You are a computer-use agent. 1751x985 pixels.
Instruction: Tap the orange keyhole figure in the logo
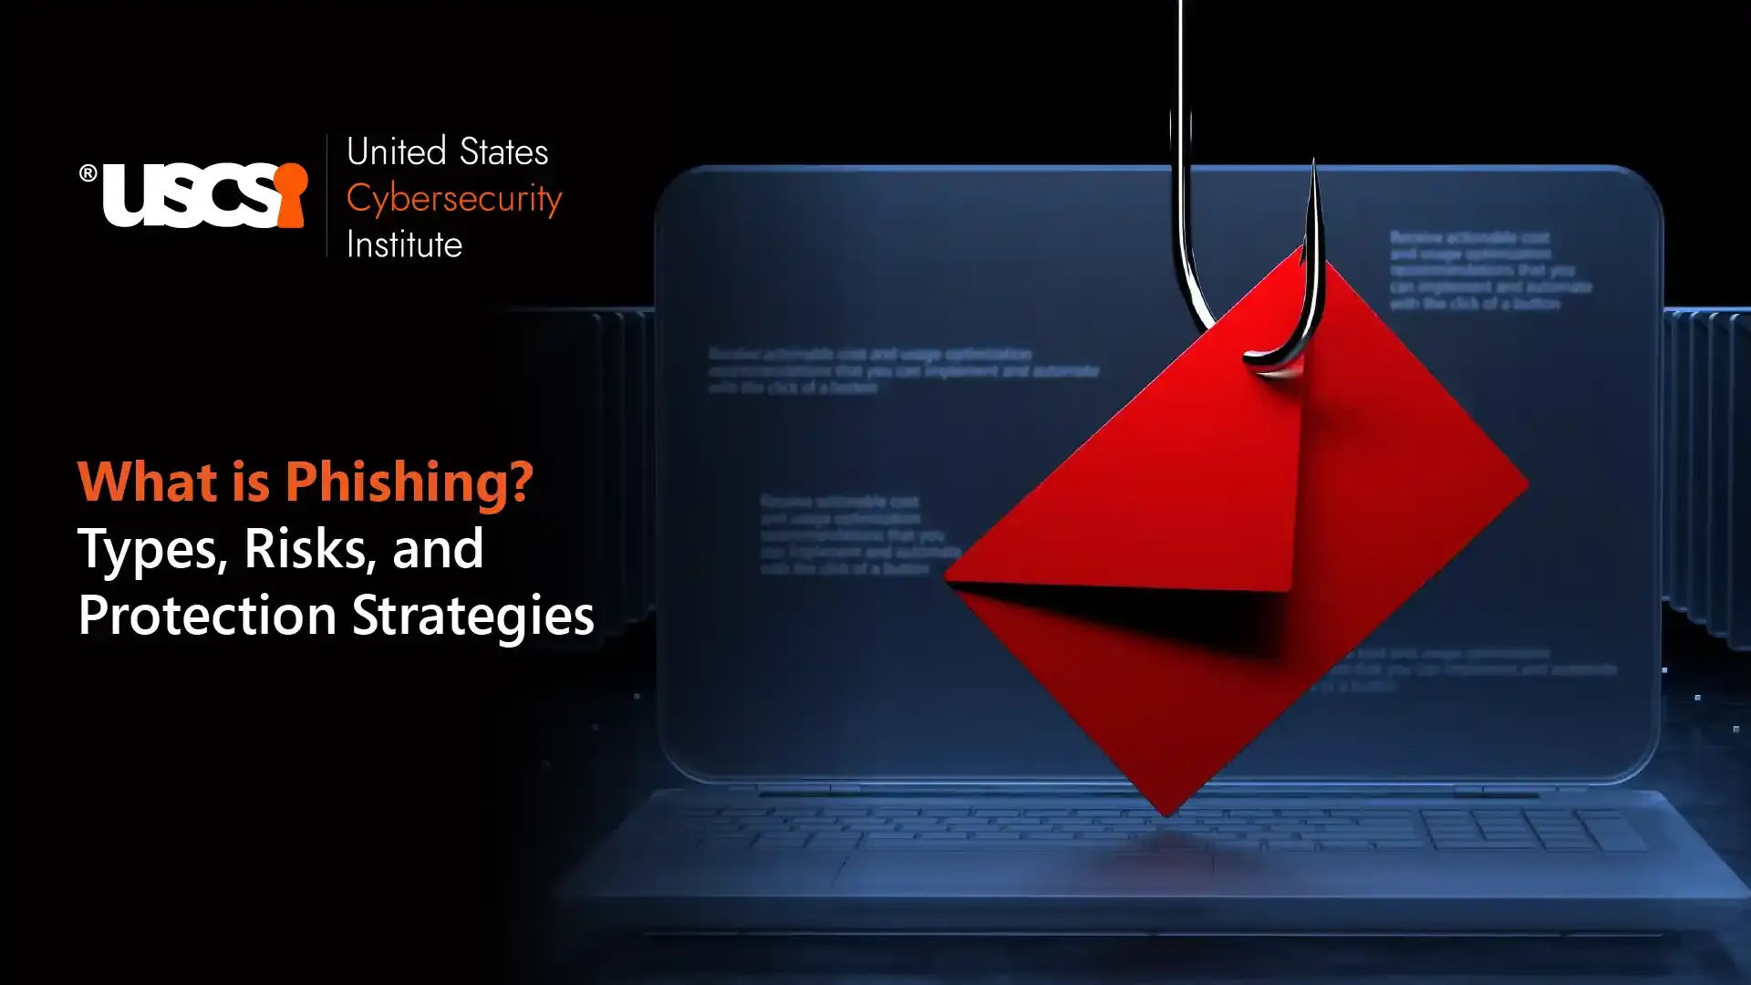pyautogui.click(x=290, y=193)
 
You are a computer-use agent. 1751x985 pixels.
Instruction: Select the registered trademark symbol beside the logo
pyautogui.click(x=88, y=173)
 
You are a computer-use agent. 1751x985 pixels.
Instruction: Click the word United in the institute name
pyautogui.click(x=396, y=152)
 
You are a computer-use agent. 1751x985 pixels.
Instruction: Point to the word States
pyautogui.click(x=503, y=152)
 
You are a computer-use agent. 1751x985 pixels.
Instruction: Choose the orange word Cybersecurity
pyautogui.click(x=453, y=199)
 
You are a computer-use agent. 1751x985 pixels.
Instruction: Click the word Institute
pyautogui.click(x=404, y=245)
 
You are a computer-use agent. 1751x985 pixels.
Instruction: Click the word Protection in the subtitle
pyautogui.click(x=207, y=615)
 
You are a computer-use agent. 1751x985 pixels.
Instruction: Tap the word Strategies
pyautogui.click(x=473, y=617)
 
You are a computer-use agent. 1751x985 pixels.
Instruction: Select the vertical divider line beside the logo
pyautogui.click(x=326, y=195)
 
